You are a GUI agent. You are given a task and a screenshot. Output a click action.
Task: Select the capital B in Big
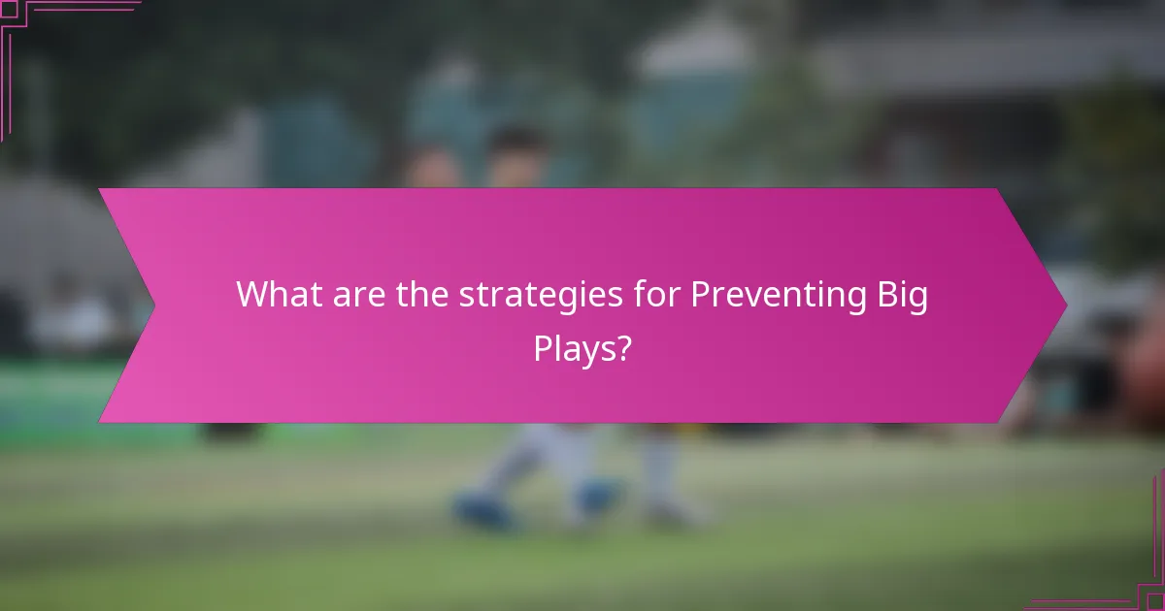click(x=885, y=294)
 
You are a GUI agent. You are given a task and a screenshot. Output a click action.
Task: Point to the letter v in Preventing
click(x=754, y=296)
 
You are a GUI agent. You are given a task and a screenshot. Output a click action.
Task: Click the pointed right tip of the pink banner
click(x=1065, y=305)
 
